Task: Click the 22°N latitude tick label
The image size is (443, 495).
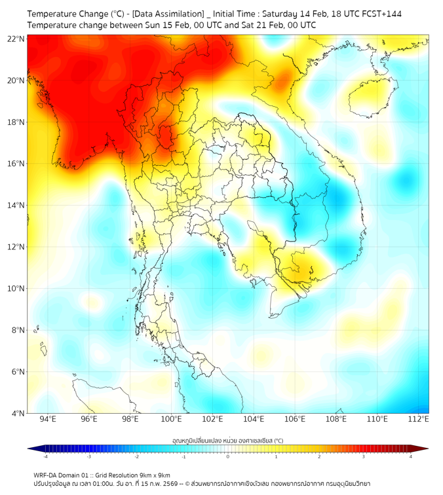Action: pyautogui.click(x=16, y=39)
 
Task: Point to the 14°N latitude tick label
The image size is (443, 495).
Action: pyautogui.click(x=16, y=206)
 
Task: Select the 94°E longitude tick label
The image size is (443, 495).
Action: pyautogui.click(x=48, y=419)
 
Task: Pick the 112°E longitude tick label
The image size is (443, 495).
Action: pyautogui.click(x=418, y=419)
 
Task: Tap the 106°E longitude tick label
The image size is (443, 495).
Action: pyautogui.click(x=295, y=419)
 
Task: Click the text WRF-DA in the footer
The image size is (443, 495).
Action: pyautogui.click(x=47, y=475)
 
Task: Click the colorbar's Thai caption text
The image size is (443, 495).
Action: pyautogui.click(x=227, y=441)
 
